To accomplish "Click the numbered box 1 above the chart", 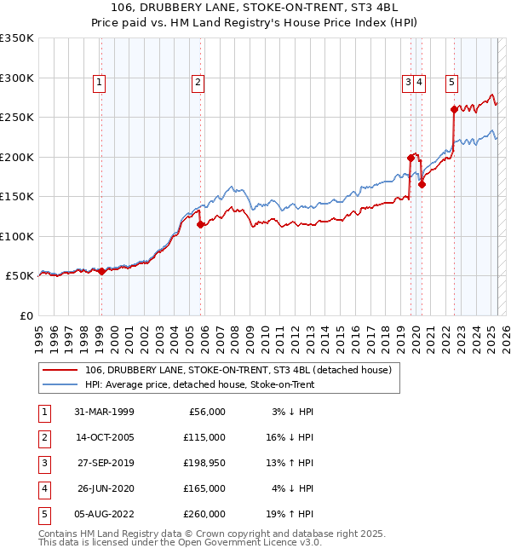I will click(100, 83).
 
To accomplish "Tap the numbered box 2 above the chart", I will click(198, 83).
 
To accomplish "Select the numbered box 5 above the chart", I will click(451, 83).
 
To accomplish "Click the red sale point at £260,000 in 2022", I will click(453, 109).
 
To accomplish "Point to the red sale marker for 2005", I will click(201, 225).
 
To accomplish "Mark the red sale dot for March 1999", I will click(101, 271).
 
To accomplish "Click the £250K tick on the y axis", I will click(17, 118).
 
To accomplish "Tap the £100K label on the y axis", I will click(17, 236).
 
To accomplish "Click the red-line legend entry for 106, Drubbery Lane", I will click(238, 370).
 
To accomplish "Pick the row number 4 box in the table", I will click(43, 488).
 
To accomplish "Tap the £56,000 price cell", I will click(204, 412).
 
